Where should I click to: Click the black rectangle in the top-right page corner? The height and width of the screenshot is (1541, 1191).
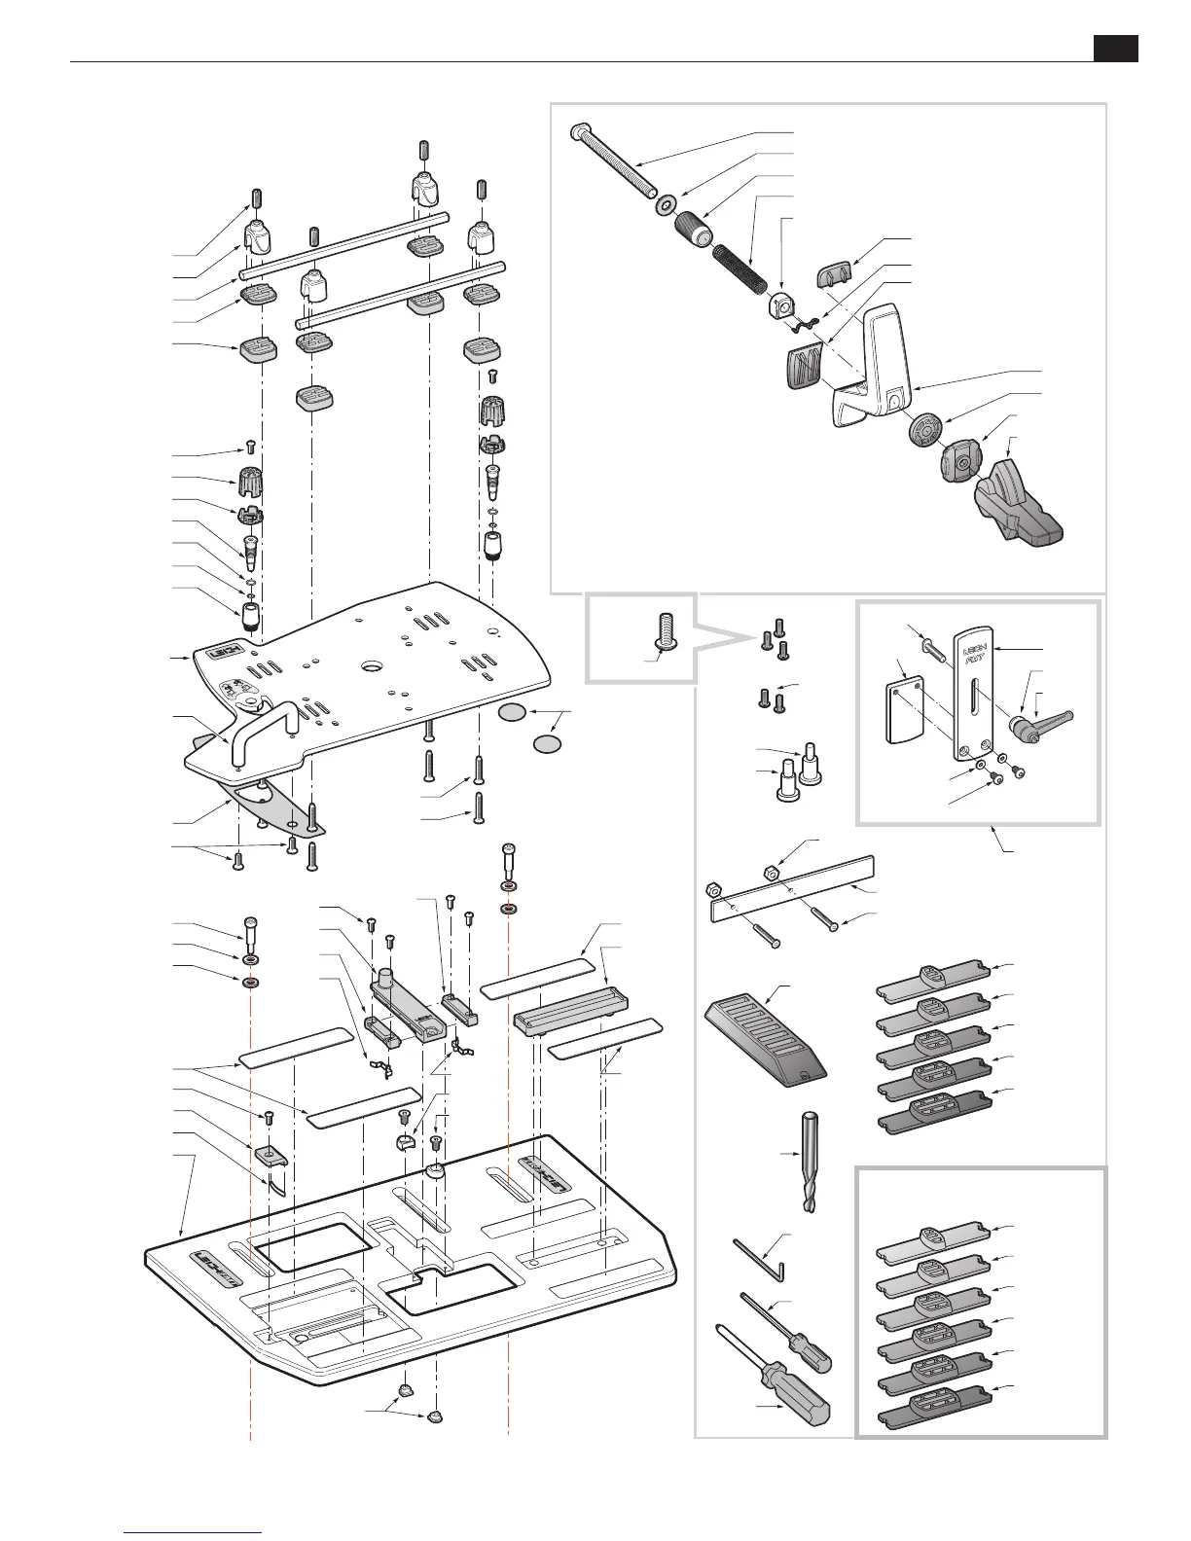click(1115, 49)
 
